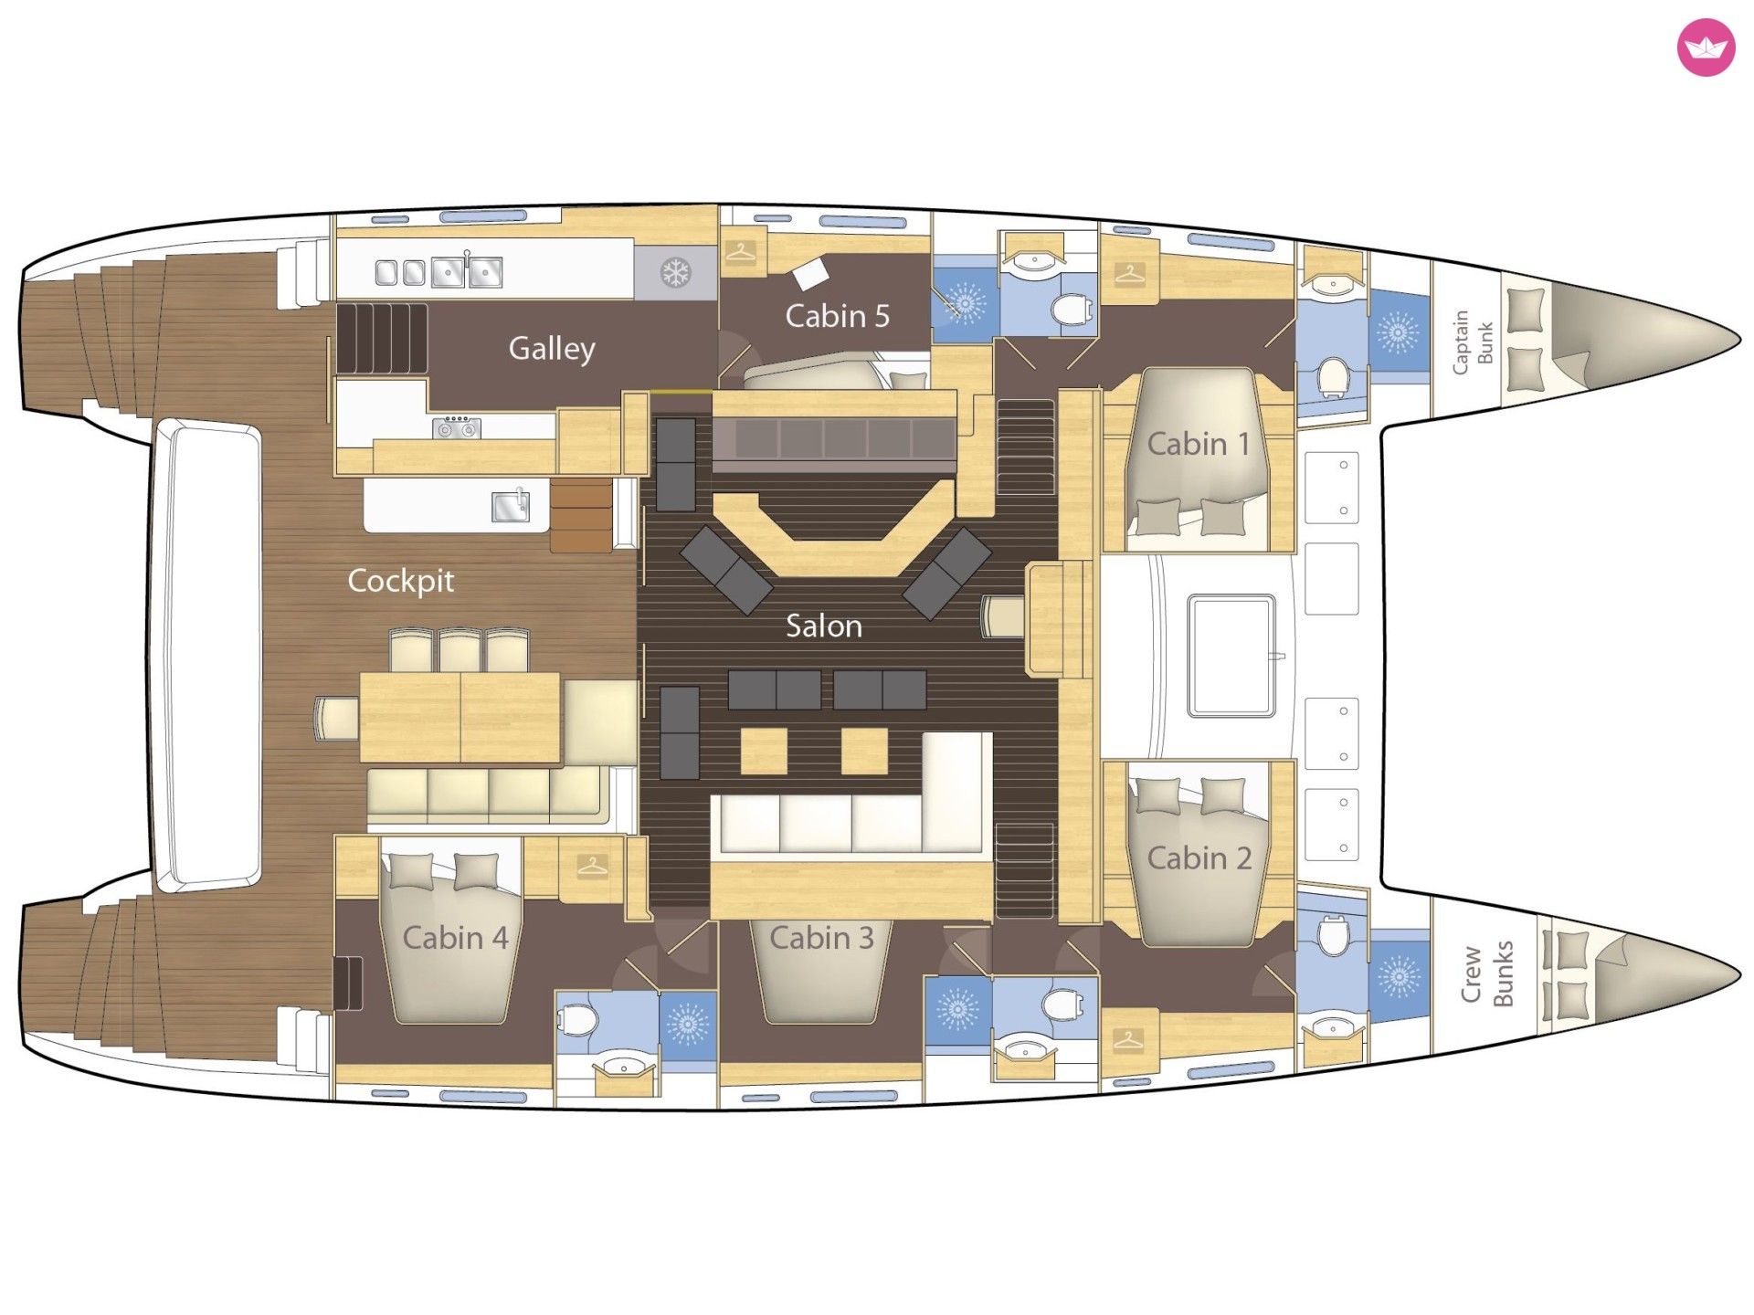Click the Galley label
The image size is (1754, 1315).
coord(552,348)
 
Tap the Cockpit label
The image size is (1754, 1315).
coord(401,581)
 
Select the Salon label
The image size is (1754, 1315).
coord(824,626)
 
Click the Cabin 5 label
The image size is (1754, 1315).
coord(837,316)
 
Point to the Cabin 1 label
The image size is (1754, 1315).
coord(1198,444)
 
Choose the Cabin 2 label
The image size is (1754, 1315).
coord(1199,858)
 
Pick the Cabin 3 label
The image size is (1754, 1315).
coord(821,937)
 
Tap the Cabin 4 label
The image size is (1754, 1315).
coord(455,938)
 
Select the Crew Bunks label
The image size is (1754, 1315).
coord(1486,973)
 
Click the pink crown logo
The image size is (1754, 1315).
coord(1706,47)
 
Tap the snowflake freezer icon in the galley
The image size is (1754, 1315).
coord(676,272)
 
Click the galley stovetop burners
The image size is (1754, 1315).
coord(457,427)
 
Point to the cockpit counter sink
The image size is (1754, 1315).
coord(511,505)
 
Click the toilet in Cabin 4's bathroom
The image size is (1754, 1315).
coord(576,1019)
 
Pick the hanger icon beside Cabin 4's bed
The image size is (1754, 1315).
coord(592,865)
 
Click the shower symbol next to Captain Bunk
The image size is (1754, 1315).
coord(1398,331)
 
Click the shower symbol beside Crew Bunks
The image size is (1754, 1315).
coord(1398,977)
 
